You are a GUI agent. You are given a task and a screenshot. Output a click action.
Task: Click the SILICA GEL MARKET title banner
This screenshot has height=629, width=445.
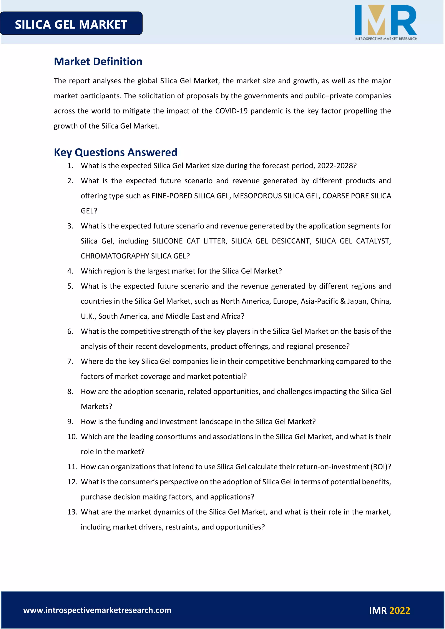pos(71,24)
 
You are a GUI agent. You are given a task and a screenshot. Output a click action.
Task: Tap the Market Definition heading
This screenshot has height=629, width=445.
pos(98,61)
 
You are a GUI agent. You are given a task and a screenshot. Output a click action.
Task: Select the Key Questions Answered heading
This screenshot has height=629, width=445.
pos(115,152)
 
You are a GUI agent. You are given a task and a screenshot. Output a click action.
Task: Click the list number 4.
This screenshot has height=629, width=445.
pos(70,271)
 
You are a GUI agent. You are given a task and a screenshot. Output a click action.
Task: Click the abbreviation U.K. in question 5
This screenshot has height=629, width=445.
pos(88,316)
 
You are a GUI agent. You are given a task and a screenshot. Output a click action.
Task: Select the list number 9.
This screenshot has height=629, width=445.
pos(70,422)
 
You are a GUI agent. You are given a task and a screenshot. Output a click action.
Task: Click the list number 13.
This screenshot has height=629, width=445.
pos(72,512)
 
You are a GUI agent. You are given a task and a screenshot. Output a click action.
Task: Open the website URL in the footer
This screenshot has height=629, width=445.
pos(97,610)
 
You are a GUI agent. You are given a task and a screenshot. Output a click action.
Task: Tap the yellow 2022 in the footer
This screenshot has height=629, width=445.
pos(400,611)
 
